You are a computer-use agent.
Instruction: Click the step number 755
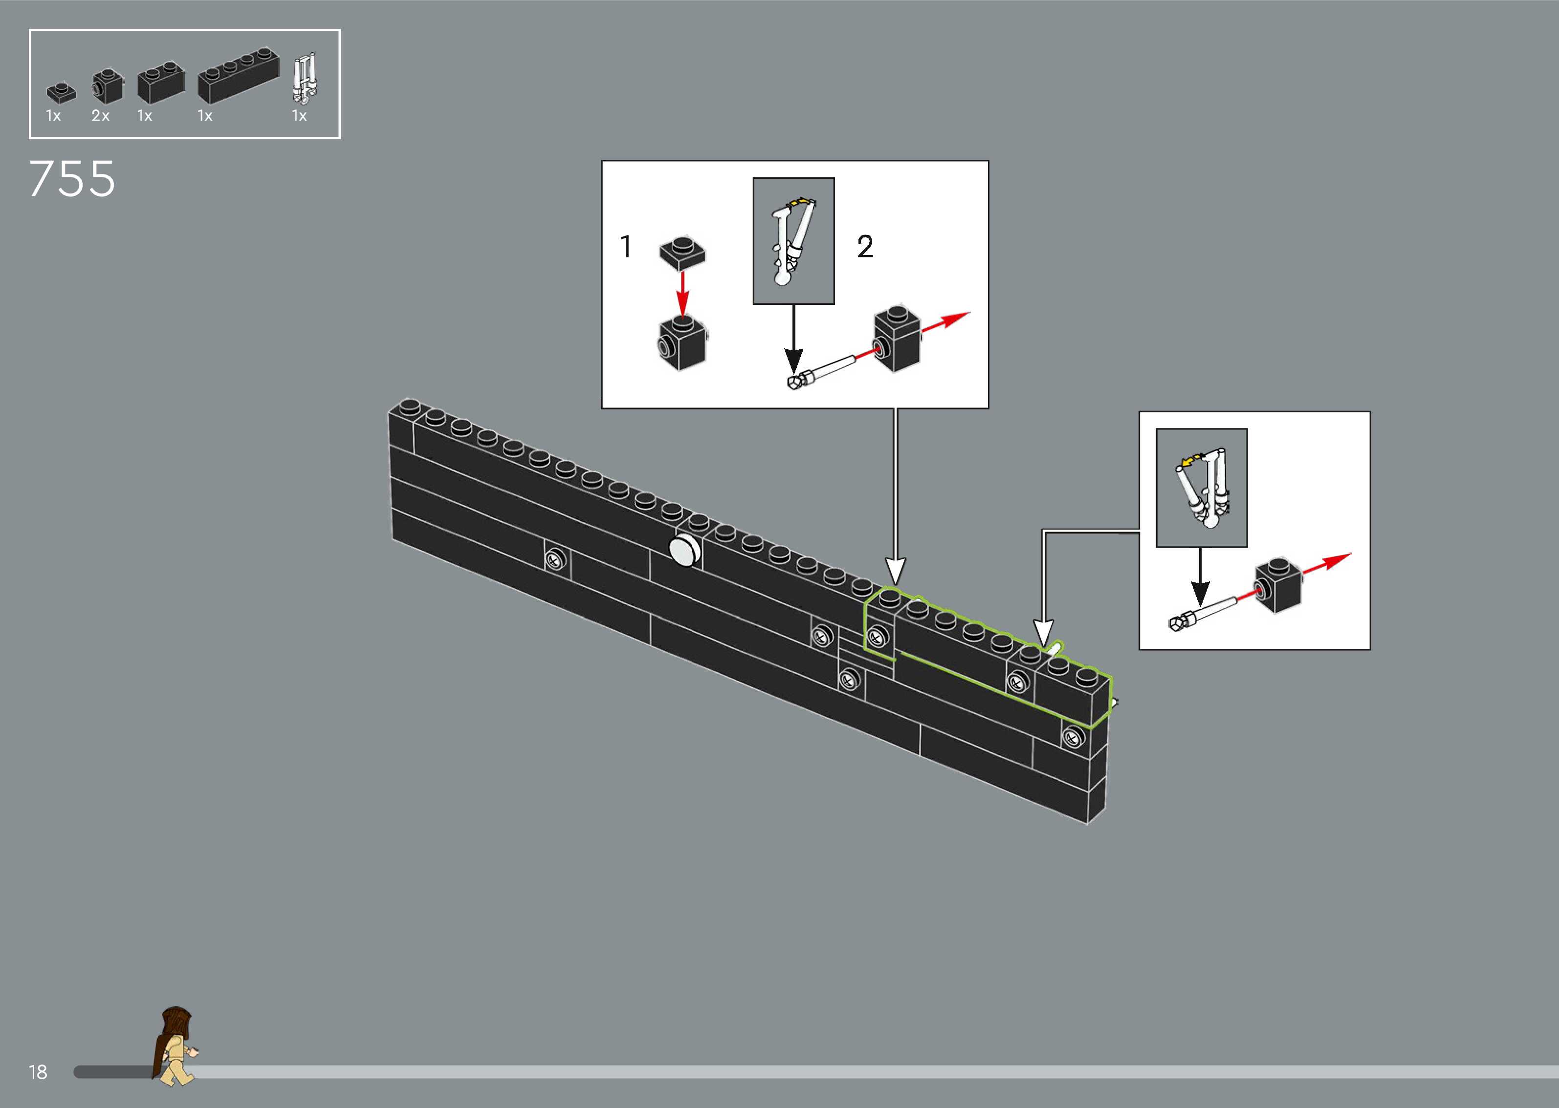(72, 179)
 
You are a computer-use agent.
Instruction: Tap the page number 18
(38, 1072)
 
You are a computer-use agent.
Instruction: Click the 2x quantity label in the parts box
(100, 116)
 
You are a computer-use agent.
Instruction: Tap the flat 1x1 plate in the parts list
(61, 92)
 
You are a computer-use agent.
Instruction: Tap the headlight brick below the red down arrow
(682, 343)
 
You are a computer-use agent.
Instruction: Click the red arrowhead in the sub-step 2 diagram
(956, 318)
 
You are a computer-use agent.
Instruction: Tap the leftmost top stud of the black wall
(410, 406)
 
